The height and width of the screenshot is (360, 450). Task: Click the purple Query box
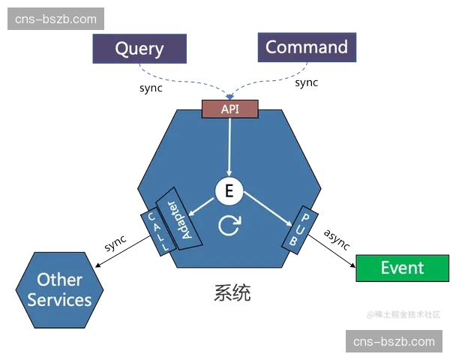click(x=139, y=49)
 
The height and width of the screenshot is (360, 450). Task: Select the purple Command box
click(x=307, y=47)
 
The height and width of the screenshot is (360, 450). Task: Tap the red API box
click(x=229, y=109)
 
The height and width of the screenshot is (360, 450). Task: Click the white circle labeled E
click(x=229, y=191)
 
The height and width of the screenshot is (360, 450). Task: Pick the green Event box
click(x=401, y=268)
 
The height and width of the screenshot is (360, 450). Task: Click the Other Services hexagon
click(x=60, y=289)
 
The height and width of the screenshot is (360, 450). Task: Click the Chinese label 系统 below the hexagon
click(x=230, y=293)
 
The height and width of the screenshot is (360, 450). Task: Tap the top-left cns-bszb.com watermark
click(x=56, y=19)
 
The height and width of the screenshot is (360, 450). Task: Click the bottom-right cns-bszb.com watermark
click(x=393, y=342)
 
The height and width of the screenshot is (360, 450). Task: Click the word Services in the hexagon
click(x=60, y=300)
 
